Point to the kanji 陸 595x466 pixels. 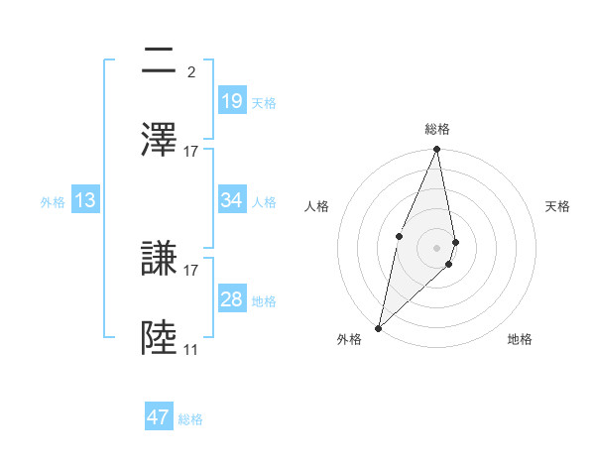tap(160, 338)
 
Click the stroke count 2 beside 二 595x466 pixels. tap(190, 71)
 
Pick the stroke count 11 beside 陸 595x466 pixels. tap(190, 349)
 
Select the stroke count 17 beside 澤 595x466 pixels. tap(190, 151)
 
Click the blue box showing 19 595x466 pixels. tap(231, 100)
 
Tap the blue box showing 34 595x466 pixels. tap(231, 200)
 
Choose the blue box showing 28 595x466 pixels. tap(231, 299)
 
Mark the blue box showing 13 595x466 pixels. tap(85, 200)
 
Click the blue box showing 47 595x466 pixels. tap(159, 417)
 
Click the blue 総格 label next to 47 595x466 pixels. tap(190, 419)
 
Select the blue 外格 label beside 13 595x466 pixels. tap(53, 202)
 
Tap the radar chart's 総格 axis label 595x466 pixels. tap(437, 129)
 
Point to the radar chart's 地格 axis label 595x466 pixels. tap(520, 339)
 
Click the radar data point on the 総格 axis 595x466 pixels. tap(437, 150)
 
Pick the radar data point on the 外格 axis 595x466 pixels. tap(378, 327)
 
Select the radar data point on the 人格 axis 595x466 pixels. tap(399, 236)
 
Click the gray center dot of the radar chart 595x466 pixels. tap(437, 247)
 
